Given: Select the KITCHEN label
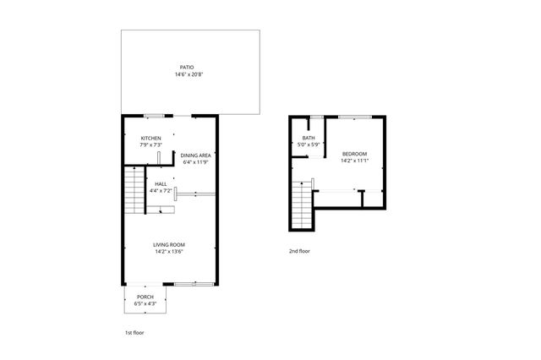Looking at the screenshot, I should (151, 139).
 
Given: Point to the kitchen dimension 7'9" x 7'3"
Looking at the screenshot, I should (151, 145).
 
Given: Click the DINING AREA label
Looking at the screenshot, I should (195, 155).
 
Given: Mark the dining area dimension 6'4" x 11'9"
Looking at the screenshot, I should (195, 162).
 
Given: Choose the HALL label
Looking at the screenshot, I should (161, 183).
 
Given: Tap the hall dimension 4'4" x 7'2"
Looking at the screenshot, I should (161, 190).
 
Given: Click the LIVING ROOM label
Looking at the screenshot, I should (169, 245).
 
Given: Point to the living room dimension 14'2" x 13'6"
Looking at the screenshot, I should (169, 252).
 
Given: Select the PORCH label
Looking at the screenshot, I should (145, 297).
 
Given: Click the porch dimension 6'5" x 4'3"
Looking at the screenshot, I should (145, 303).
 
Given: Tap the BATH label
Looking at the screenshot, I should (309, 139).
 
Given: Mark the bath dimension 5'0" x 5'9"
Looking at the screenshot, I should (309, 145).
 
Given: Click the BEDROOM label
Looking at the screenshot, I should (353, 154).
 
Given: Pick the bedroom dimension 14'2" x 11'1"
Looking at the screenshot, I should (353, 161).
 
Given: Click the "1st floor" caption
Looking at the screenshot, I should (134, 333).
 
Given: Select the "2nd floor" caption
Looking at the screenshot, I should (299, 252).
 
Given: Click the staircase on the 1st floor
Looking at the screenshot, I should (134, 192).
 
